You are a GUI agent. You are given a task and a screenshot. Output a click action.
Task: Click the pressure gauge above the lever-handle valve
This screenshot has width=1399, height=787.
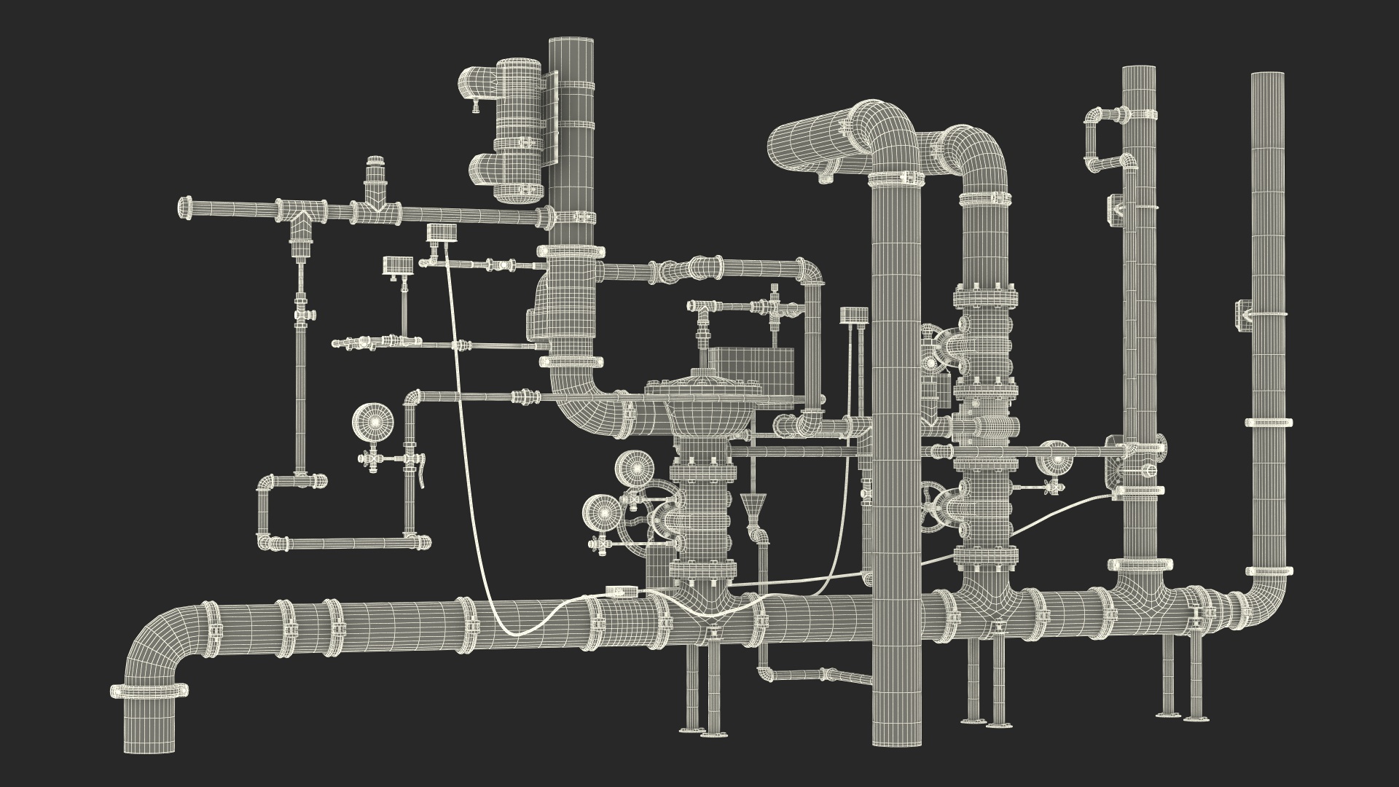(373, 421)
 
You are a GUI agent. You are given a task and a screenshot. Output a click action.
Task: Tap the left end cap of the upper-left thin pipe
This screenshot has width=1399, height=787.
(184, 208)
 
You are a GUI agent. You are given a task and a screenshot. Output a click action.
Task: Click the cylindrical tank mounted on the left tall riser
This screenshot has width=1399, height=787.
(518, 131)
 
